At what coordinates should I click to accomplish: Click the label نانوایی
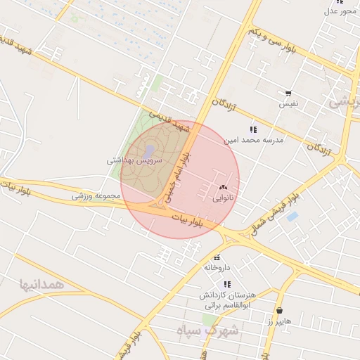click(222, 198)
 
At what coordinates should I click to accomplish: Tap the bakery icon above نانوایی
click(223, 188)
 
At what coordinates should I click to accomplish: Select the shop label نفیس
click(289, 103)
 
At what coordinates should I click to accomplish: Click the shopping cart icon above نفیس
click(288, 93)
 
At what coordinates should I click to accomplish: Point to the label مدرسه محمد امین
click(253, 141)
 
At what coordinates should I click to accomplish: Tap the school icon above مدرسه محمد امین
click(253, 129)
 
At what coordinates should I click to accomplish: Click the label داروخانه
click(217, 267)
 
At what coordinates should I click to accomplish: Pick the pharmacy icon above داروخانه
click(218, 257)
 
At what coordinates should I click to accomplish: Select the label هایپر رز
click(278, 321)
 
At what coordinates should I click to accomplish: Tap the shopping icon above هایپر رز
click(280, 310)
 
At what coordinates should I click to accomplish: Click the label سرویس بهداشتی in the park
click(134, 160)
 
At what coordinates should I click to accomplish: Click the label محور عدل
click(341, 11)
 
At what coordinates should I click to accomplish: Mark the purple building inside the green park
click(149, 151)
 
